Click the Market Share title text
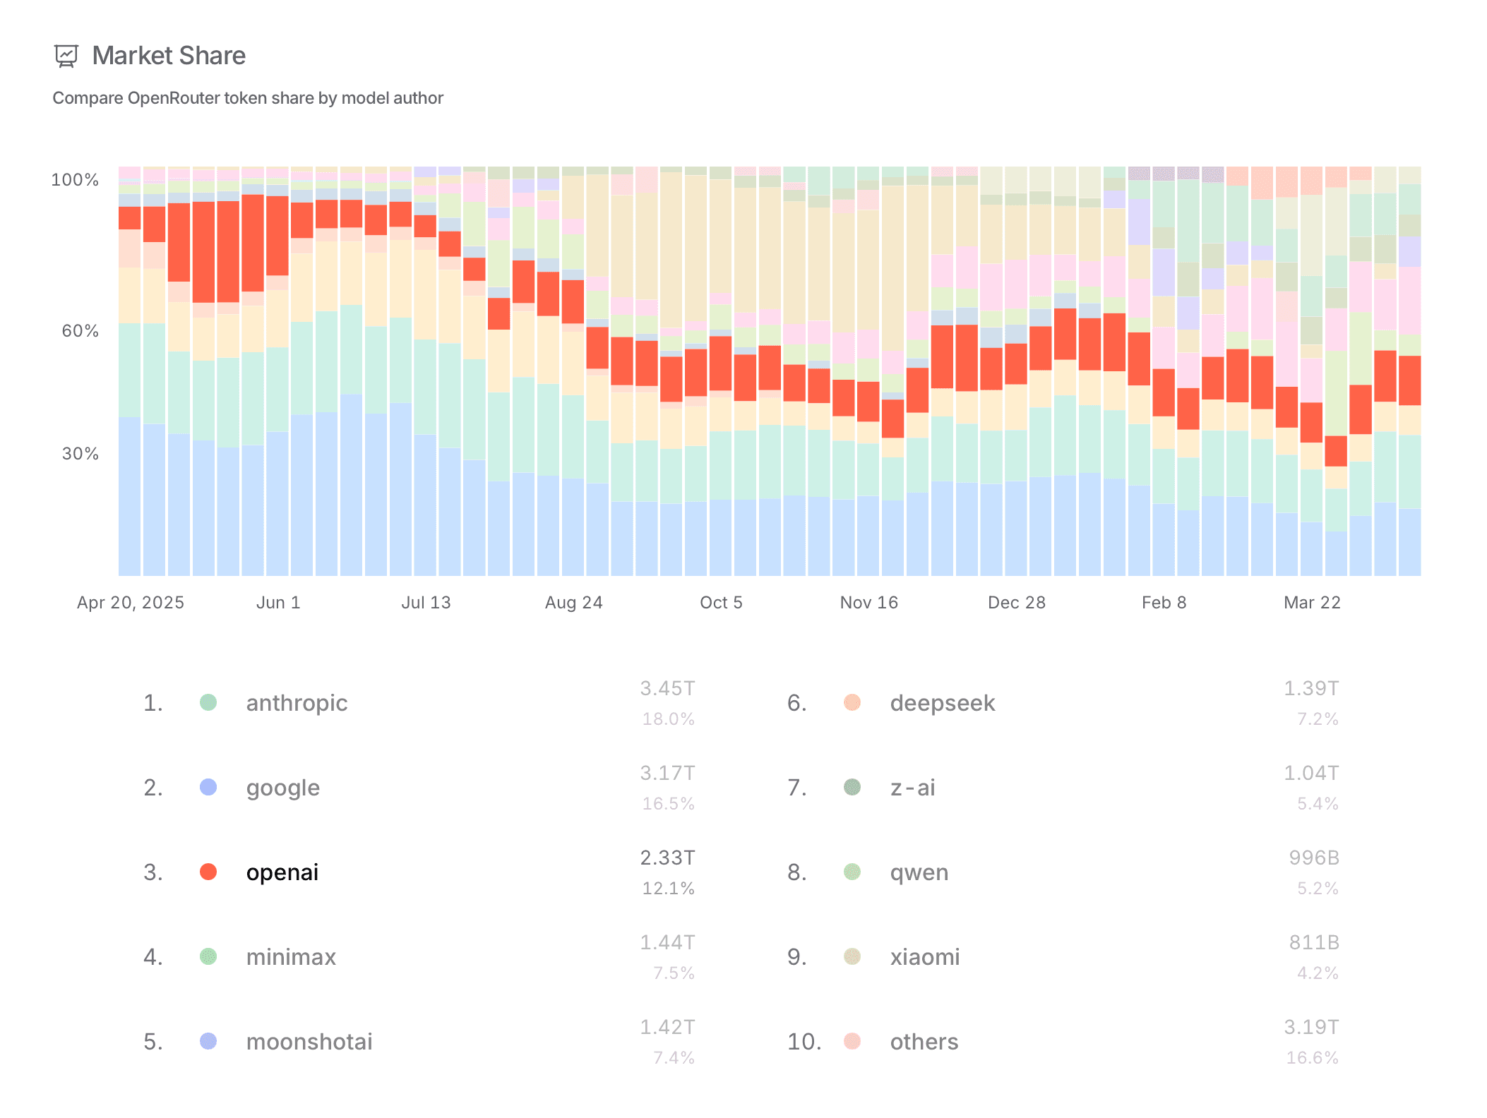click(169, 56)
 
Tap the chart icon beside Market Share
click(66, 56)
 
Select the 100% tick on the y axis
click(75, 180)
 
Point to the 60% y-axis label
click(80, 331)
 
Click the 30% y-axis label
click(80, 454)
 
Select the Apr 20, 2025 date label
click(131, 603)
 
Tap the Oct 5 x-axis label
click(721, 603)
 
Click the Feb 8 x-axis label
click(1164, 603)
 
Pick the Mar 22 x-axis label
click(1312, 603)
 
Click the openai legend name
click(282, 872)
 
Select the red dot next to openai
click(208, 872)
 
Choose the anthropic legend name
click(297, 703)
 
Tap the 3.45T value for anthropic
click(667, 688)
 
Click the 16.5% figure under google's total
click(668, 804)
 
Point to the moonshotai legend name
click(309, 1042)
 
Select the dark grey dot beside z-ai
click(852, 787)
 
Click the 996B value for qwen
click(1314, 858)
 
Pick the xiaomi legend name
click(925, 957)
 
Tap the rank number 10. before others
click(804, 1042)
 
